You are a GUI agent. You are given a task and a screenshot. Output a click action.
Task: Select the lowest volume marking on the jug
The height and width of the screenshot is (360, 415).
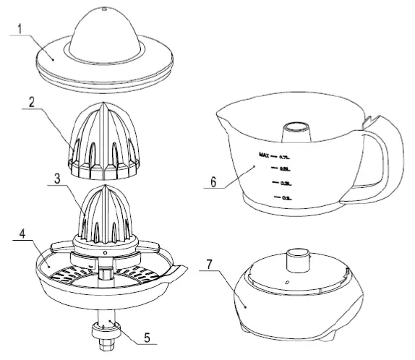286,197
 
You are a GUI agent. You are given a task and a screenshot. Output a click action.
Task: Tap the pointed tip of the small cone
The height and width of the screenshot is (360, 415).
105,187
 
